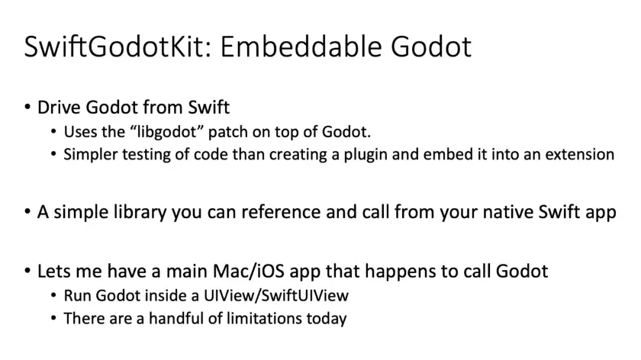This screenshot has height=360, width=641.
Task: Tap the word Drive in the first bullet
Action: (60, 108)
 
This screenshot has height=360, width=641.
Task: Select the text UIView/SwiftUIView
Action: (276, 295)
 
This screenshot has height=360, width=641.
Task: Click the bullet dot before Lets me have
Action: (27, 271)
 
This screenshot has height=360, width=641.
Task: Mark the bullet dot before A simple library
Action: (27, 212)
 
